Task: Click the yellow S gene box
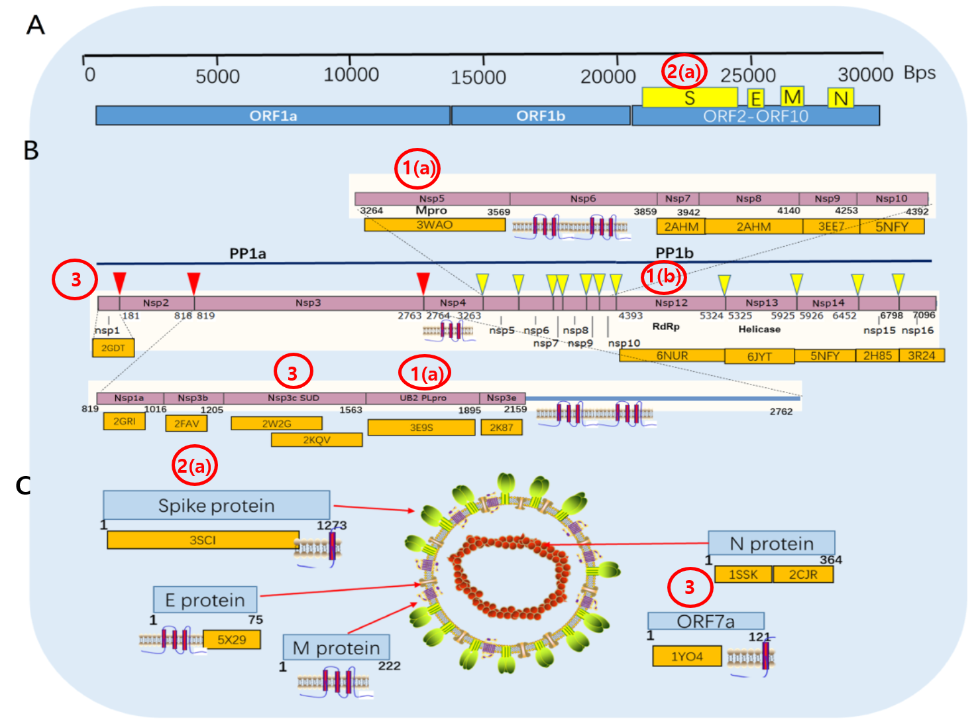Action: (x=689, y=97)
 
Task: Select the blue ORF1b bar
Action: (x=541, y=115)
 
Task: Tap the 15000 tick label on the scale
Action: (x=478, y=77)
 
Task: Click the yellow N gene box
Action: (x=841, y=98)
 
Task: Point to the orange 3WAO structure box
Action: (x=435, y=225)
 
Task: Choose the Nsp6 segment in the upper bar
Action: (x=583, y=198)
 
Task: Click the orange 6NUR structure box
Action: (x=672, y=355)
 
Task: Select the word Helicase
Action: (x=759, y=329)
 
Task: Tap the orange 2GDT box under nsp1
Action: (x=113, y=347)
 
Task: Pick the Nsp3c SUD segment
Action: (x=294, y=398)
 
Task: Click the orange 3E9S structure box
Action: (x=421, y=428)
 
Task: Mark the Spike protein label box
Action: (x=216, y=505)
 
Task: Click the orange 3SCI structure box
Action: (x=203, y=540)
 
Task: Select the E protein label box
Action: (x=205, y=600)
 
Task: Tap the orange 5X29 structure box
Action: (x=232, y=640)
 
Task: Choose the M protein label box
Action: (x=336, y=648)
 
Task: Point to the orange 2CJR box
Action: (x=803, y=574)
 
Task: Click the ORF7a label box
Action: (x=706, y=621)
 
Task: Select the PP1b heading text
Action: (x=675, y=253)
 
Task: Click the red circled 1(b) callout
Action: (x=663, y=276)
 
